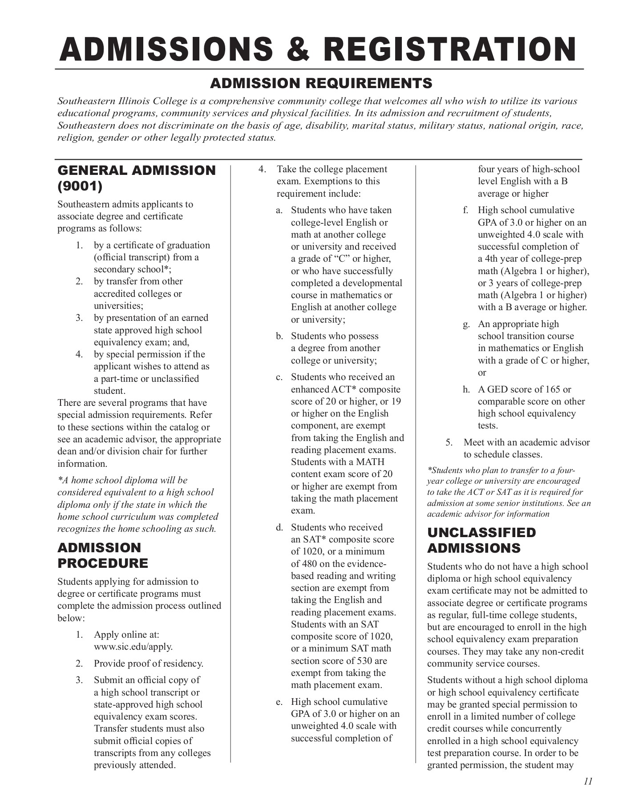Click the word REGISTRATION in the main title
449,49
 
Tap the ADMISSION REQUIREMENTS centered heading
321,83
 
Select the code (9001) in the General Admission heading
80,186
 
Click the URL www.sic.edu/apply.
133,647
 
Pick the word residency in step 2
184,663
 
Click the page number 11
588,781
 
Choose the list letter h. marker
466,390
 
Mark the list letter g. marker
466,324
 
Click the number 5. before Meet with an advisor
449,442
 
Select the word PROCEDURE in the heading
103,563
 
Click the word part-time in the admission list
115,379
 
